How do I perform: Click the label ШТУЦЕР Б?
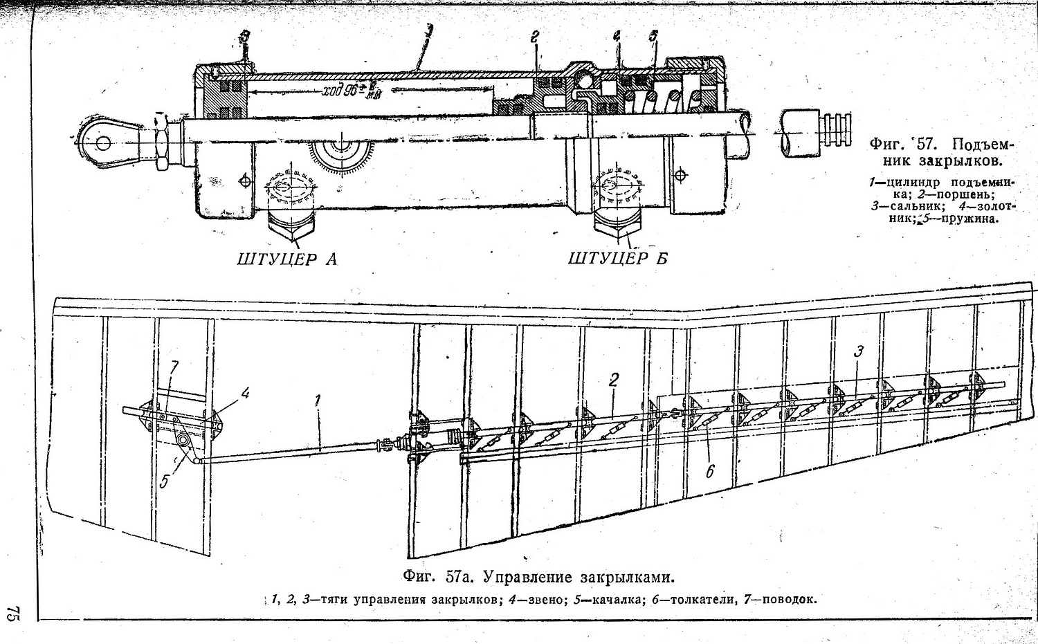[617, 259]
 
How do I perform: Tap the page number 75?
[12, 614]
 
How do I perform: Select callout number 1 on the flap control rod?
[318, 401]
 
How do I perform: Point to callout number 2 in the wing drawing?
[613, 379]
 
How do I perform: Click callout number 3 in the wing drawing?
[858, 351]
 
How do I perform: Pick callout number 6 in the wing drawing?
[709, 472]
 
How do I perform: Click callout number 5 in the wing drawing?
[164, 481]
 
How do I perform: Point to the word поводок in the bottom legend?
[789, 599]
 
